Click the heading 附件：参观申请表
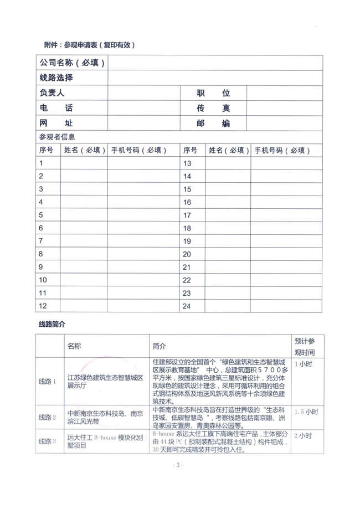(89, 44)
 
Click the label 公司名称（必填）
(72, 63)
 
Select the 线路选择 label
(56, 78)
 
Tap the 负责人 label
(52, 93)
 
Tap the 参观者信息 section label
(56, 137)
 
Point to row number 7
(41, 241)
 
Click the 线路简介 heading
(52, 323)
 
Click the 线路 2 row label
(48, 417)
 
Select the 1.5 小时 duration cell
(306, 412)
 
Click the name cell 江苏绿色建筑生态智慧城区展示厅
(105, 382)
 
